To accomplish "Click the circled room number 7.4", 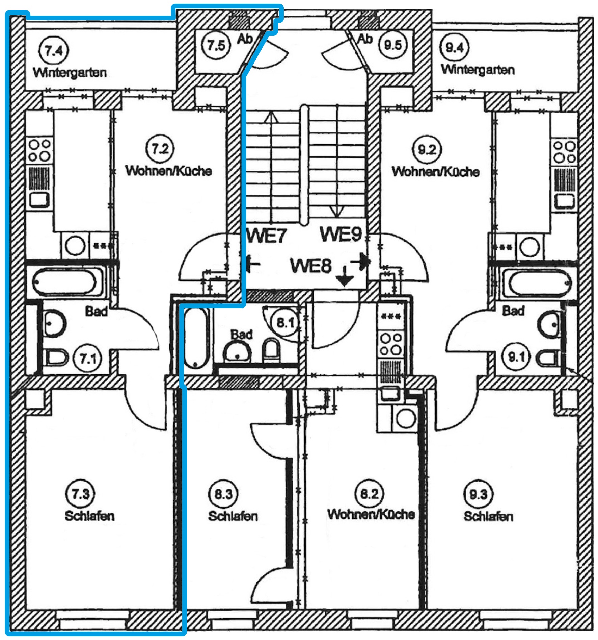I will [54, 50].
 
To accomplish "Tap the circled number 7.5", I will [216, 45].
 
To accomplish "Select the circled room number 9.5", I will [393, 45].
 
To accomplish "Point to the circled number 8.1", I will [286, 323].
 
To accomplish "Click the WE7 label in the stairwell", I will [266, 236].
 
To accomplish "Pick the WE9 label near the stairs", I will [341, 234].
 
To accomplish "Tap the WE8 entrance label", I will [311, 266].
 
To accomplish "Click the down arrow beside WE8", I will [344, 276].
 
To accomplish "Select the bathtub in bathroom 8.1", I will [195, 338].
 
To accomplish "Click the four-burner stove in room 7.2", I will [39, 150].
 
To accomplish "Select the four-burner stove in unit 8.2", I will [391, 344].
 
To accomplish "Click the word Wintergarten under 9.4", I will [478, 70].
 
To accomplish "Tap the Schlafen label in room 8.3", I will [233, 516].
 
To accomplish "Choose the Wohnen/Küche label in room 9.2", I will [435, 171].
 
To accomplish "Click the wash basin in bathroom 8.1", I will [238, 352].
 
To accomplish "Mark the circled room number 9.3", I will [478, 494].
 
